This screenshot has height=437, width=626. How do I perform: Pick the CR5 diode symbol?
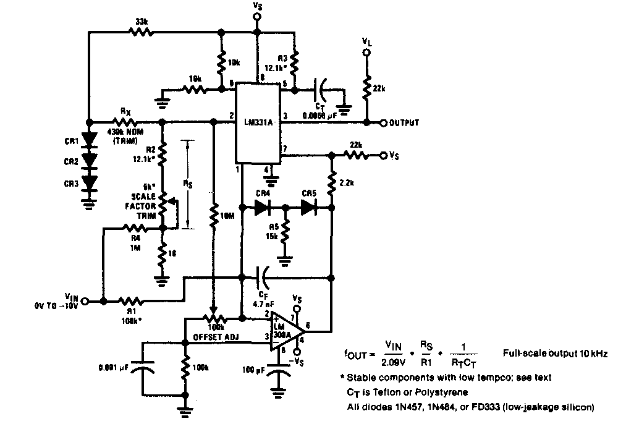tap(309, 209)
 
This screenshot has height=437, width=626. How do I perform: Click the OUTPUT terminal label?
tap(404, 123)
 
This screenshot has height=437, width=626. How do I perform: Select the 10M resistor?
tap(213, 216)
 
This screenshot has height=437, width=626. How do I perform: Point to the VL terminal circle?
tap(366, 53)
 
